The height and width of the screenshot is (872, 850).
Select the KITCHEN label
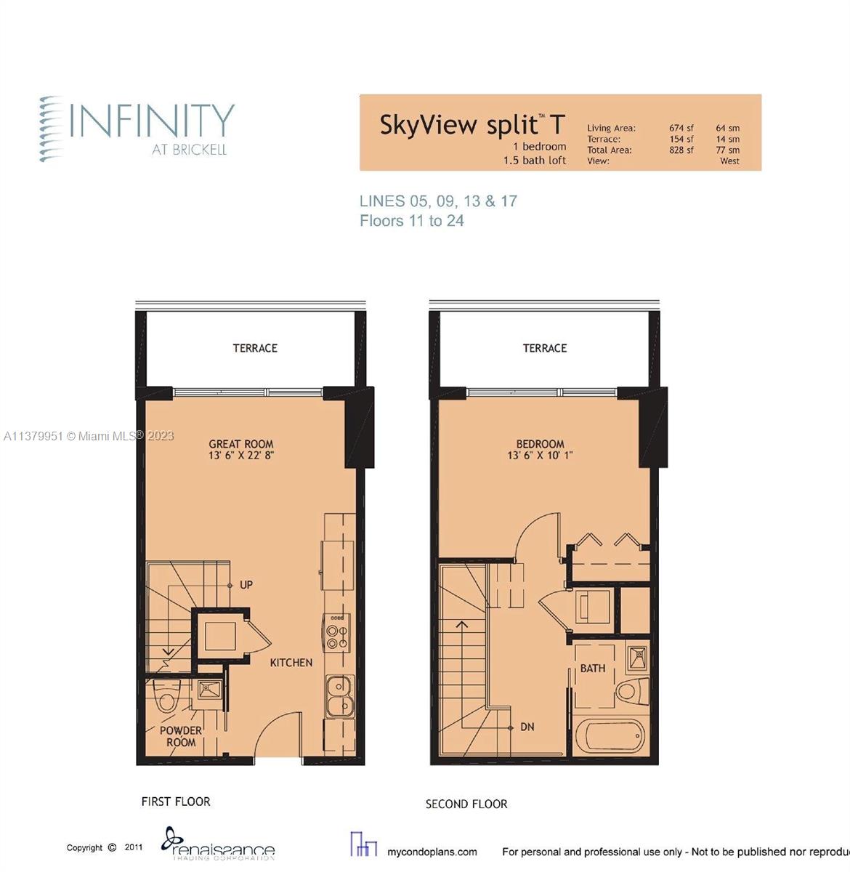coord(291,663)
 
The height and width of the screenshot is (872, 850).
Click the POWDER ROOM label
coord(181,736)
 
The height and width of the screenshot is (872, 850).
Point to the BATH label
coord(592,668)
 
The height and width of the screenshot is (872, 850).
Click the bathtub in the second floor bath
coord(610,738)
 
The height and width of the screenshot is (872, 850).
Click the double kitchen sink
coord(339,695)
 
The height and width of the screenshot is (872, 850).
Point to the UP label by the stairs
coord(246,585)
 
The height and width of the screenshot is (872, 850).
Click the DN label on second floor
coord(527,727)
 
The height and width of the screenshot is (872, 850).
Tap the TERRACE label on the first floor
coord(255,348)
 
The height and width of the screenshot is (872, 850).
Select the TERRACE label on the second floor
coord(545,348)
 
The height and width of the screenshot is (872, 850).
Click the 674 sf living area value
coord(681,128)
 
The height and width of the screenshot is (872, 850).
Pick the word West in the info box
coord(729,161)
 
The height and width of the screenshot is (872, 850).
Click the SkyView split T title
coord(471,125)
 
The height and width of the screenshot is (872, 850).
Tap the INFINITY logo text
coord(152,121)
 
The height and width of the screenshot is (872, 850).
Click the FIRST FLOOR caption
coord(176,802)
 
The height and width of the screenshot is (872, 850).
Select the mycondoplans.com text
coord(432,852)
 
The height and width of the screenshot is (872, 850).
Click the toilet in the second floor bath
coord(630,690)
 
